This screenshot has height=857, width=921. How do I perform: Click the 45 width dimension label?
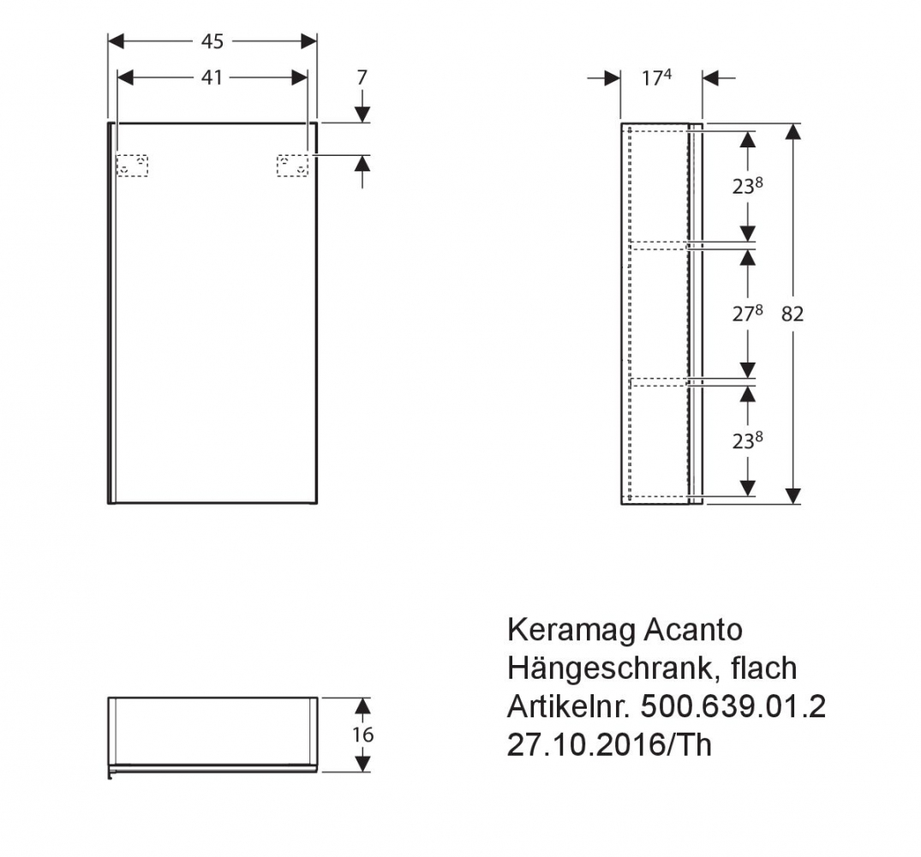[212, 41]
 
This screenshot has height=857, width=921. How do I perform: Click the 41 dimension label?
[212, 77]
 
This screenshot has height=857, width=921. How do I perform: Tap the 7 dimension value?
[362, 77]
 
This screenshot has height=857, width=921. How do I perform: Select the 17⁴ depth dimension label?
[656, 77]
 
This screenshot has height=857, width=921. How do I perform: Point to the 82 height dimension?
[792, 315]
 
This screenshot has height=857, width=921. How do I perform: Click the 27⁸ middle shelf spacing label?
[747, 314]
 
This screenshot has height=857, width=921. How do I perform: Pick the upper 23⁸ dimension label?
[747, 186]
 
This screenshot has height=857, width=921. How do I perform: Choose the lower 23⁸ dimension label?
[747, 440]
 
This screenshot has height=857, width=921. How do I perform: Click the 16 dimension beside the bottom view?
[363, 734]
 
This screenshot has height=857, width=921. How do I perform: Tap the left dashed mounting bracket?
[132, 165]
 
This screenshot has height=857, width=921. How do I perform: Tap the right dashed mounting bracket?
[292, 165]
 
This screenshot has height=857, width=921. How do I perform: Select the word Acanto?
[693, 630]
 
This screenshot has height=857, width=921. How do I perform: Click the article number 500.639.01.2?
[733, 707]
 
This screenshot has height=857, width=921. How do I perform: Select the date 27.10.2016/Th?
[609, 746]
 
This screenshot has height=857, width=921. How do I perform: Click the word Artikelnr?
[569, 707]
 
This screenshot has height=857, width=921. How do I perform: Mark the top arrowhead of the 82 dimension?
[792, 132]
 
